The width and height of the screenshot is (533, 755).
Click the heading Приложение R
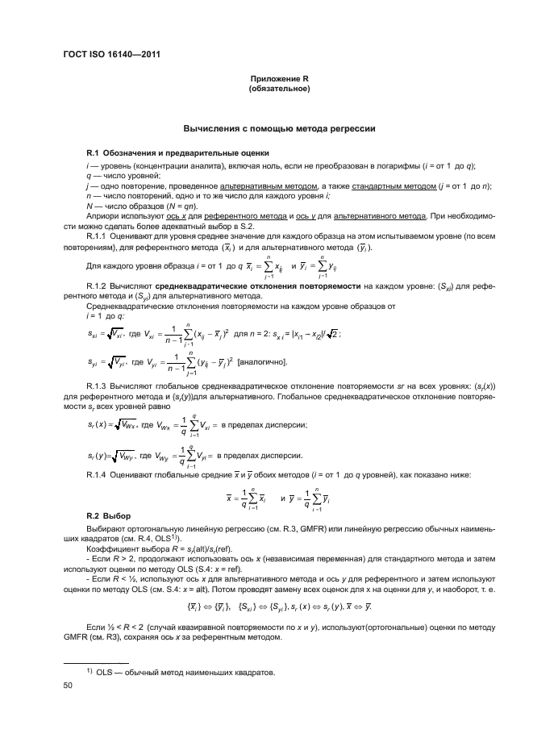(280, 79)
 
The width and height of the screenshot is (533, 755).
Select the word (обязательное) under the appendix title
(280, 89)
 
